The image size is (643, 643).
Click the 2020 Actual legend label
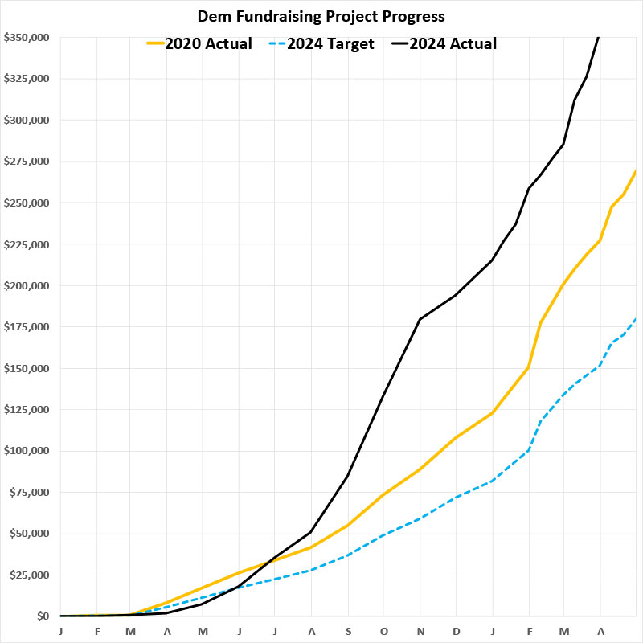pyautogui.click(x=208, y=43)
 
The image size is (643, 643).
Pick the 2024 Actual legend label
pyautogui.click(x=453, y=43)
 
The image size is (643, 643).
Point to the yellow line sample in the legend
pyautogui.click(x=154, y=43)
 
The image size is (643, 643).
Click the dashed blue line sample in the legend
pyautogui.click(x=276, y=43)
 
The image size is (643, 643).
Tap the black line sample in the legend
pyautogui.click(x=398, y=43)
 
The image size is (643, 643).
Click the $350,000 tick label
pyautogui.click(x=26, y=37)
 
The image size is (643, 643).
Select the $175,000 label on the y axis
pyautogui.click(x=26, y=327)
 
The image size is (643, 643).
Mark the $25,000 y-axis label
pyautogui.click(x=29, y=575)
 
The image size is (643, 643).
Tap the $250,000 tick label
pyautogui.click(x=26, y=203)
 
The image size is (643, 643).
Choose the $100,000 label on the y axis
pyautogui.click(x=26, y=451)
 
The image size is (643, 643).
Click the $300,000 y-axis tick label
pyautogui.click(x=26, y=120)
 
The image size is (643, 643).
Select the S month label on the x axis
pyautogui.click(x=348, y=631)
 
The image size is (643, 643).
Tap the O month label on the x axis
pyautogui.click(x=384, y=631)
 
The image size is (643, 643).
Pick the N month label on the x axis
pyautogui.click(x=420, y=631)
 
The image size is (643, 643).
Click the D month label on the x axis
pyautogui.click(x=457, y=631)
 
